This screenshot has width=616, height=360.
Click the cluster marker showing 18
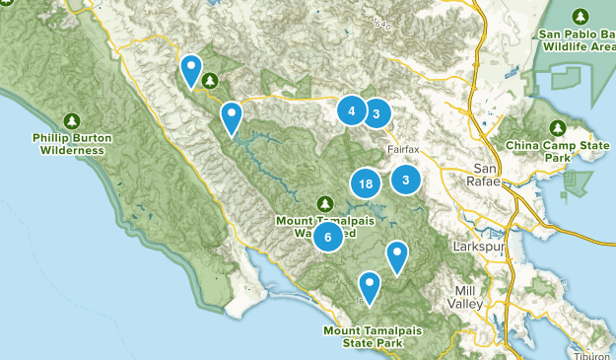pyautogui.click(x=366, y=183)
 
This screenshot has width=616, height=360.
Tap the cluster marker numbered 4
pyautogui.click(x=351, y=110)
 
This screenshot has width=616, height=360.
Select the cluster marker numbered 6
pyautogui.click(x=329, y=236)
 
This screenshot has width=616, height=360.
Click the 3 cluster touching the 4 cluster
pyautogui.click(x=376, y=113)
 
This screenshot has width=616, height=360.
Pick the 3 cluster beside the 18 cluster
pyautogui.click(x=405, y=180)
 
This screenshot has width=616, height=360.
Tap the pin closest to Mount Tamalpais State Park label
pyautogui.click(x=370, y=286)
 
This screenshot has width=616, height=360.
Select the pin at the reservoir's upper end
pyautogui.click(x=231, y=116)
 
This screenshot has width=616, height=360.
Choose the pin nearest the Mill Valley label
pyautogui.click(x=396, y=255)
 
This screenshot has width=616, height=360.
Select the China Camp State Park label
pyautogui.click(x=558, y=151)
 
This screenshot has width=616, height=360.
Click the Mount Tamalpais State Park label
pyautogui.click(x=364, y=336)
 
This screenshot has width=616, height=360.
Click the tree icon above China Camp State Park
pyautogui.click(x=558, y=127)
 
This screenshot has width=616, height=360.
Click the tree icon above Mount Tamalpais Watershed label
pyautogui.click(x=324, y=204)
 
